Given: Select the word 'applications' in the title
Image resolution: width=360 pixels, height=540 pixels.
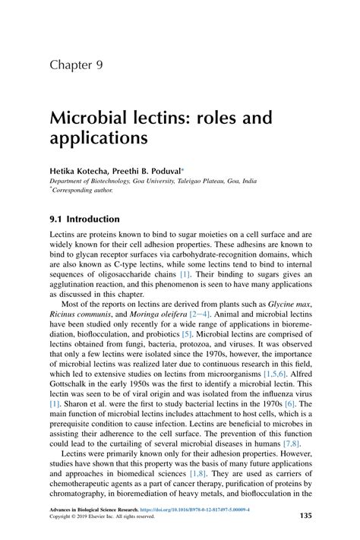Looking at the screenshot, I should pyautogui.click(x=98, y=141).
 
